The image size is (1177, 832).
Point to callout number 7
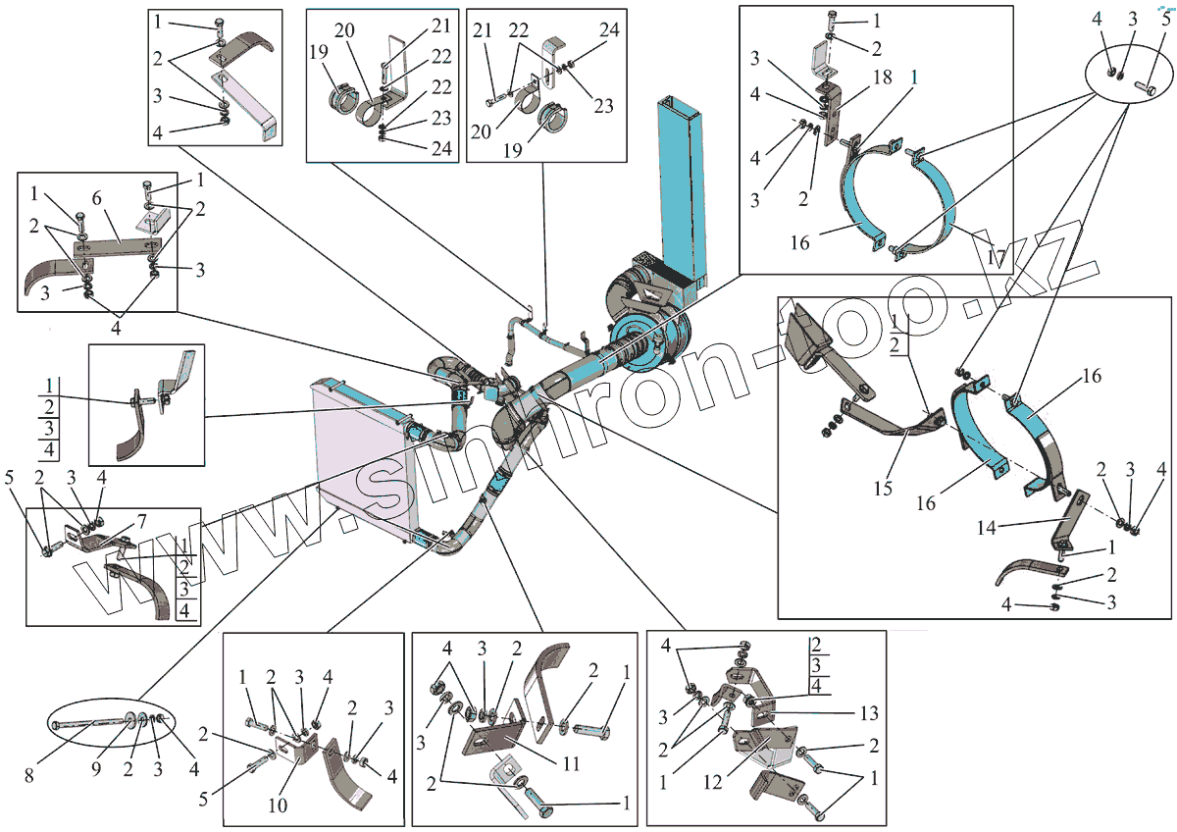point(141,519)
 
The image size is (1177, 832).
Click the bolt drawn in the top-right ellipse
point(1146,87)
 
